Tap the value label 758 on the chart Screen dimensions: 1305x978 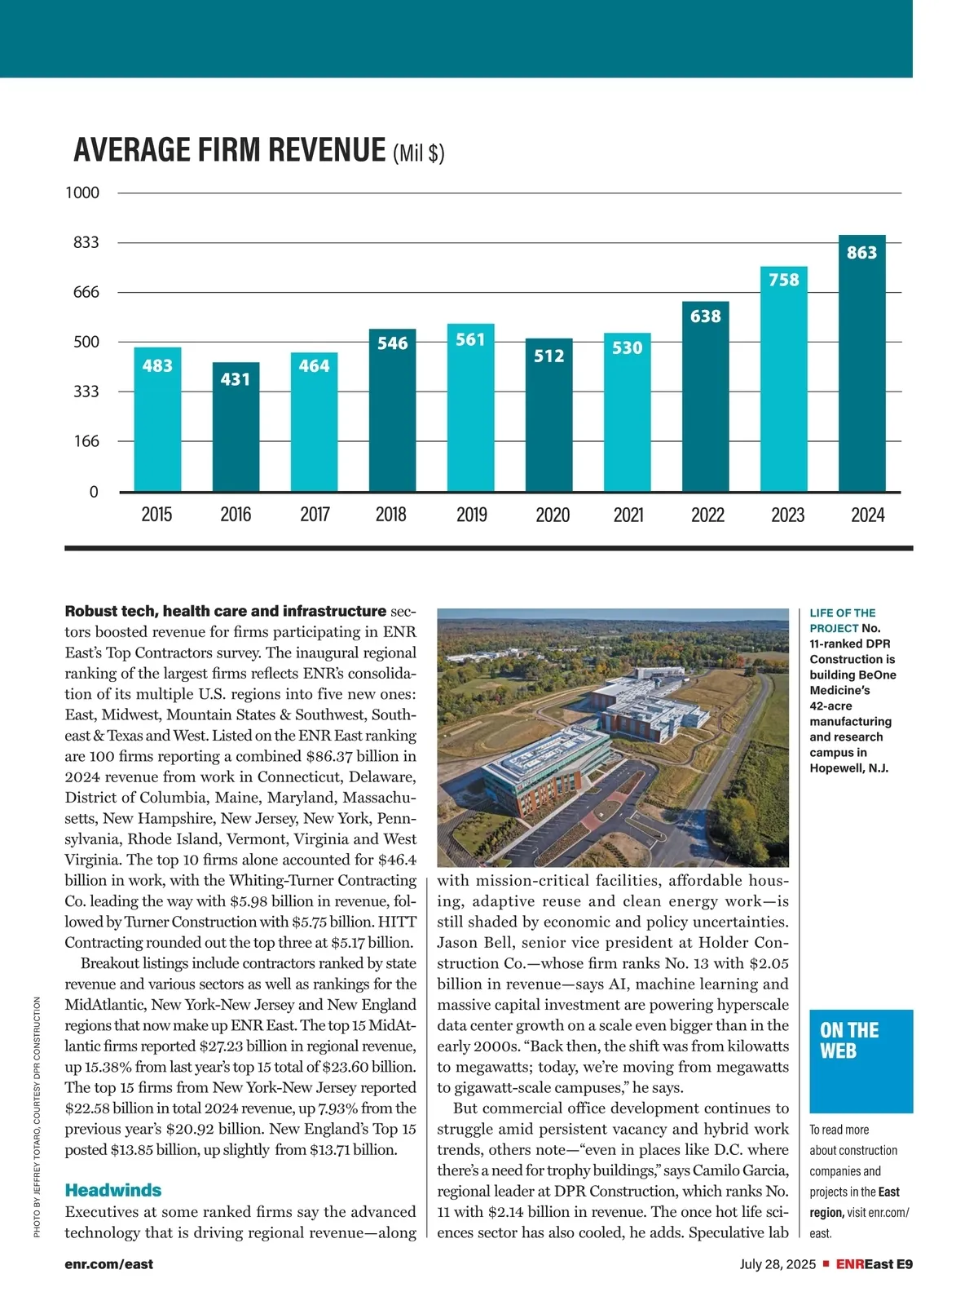784,280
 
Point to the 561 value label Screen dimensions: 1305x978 470,339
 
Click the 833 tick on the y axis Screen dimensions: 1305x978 86,242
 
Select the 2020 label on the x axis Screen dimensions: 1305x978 553,515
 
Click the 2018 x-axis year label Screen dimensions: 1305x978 391,515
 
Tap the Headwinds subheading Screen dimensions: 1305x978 113,1190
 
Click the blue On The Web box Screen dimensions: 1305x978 861,1060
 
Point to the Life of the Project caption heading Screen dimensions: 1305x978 843,620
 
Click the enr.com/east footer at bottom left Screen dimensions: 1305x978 109,1264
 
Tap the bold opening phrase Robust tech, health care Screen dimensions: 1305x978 225,611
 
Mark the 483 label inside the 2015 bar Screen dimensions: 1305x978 157,365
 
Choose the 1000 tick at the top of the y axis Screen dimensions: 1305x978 82,192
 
